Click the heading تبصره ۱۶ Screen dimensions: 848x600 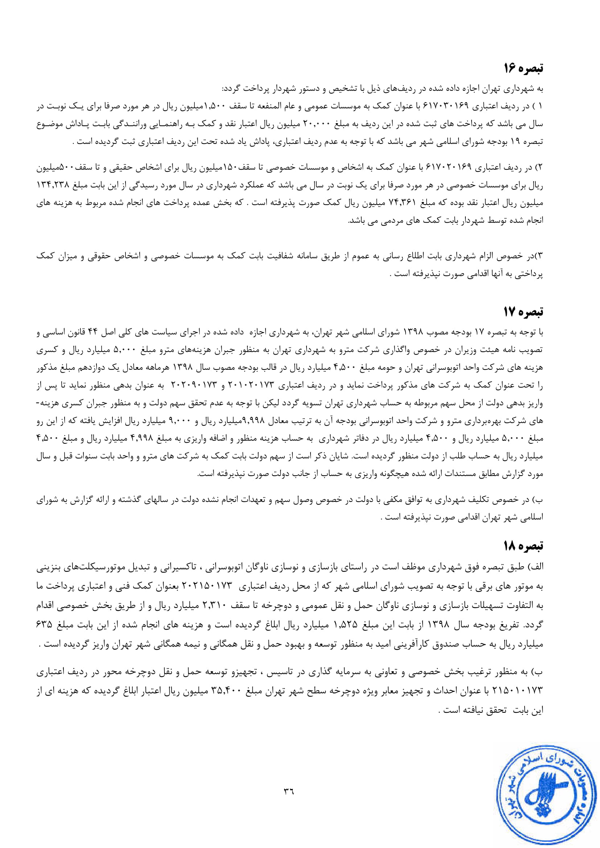click(523, 68)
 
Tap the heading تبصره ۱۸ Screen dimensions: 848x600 click(523, 546)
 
